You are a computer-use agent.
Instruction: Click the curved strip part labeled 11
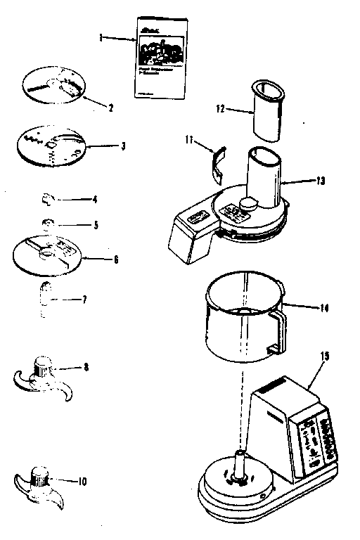click(x=219, y=161)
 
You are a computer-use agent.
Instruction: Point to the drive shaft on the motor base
click(x=238, y=465)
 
